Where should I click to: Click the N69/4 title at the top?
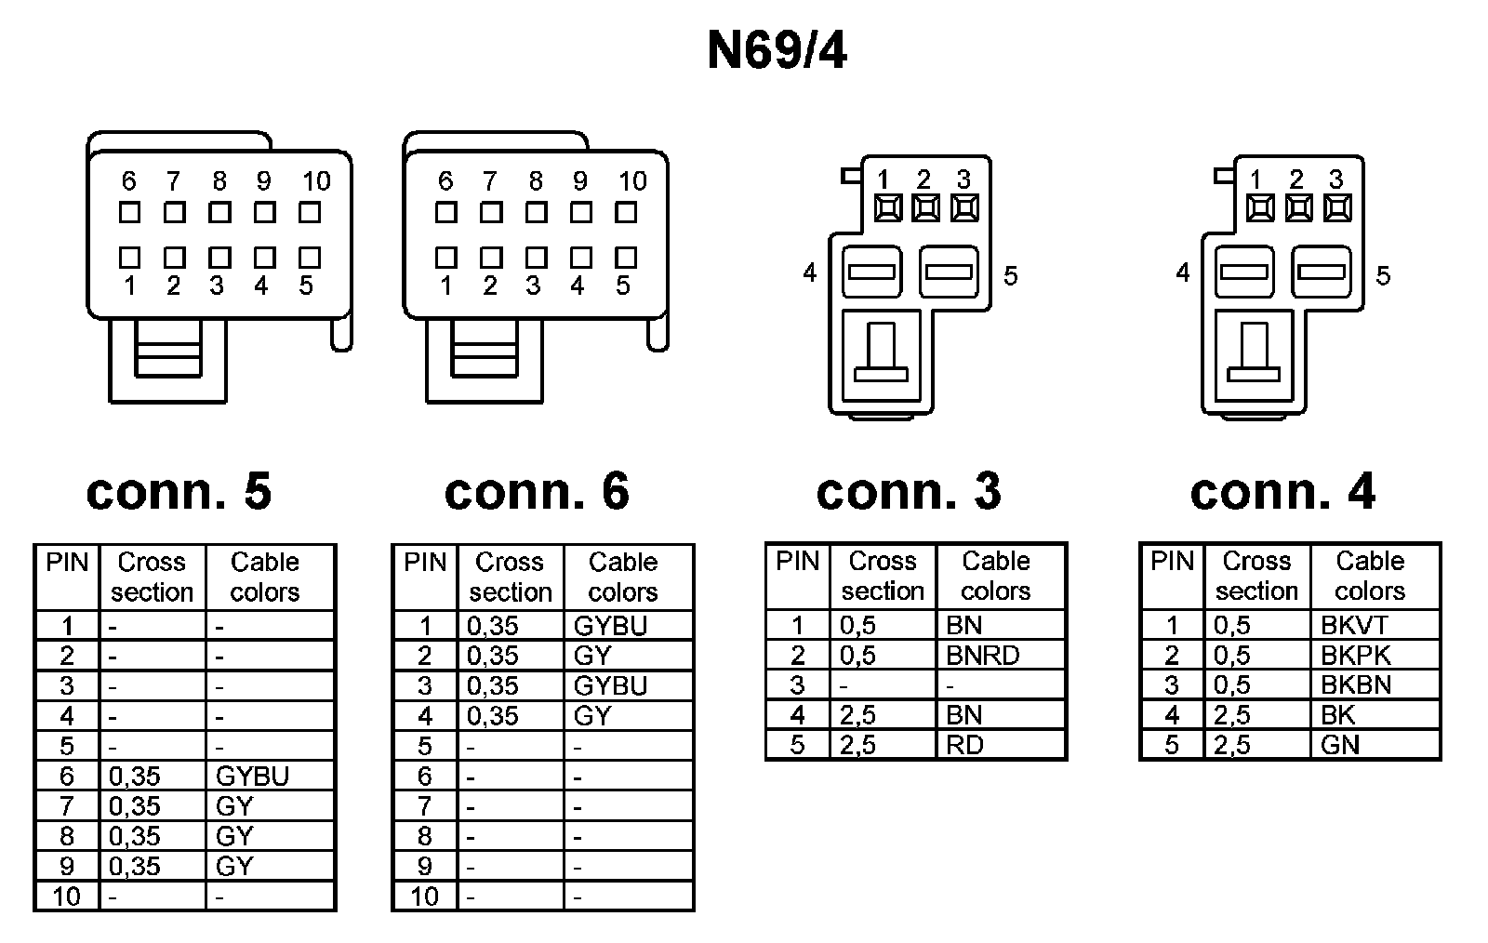[777, 51]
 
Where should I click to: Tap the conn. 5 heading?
[179, 491]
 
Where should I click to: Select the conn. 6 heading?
[537, 491]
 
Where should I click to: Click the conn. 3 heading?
[909, 491]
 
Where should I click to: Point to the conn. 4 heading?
[1282, 491]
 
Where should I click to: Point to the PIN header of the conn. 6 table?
[425, 563]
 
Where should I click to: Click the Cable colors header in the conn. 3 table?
[996, 576]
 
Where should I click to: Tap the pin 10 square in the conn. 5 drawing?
[310, 213]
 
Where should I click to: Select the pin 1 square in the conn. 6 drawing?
[446, 257]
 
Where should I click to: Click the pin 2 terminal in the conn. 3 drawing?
[925, 208]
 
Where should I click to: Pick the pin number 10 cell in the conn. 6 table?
[424, 897]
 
